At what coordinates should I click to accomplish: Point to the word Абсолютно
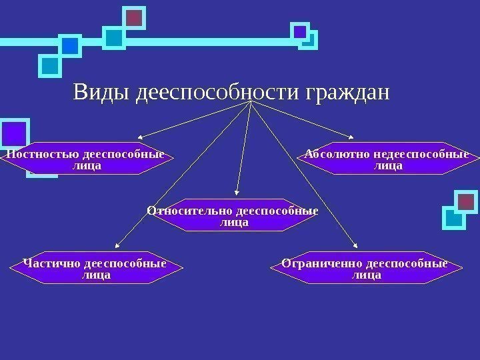(x=335, y=155)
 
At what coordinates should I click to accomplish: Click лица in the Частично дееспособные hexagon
(x=96, y=275)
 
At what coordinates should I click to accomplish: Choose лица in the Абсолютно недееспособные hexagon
(x=389, y=166)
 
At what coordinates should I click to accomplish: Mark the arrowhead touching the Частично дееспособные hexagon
(x=117, y=247)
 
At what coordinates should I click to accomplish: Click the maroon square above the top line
(x=135, y=19)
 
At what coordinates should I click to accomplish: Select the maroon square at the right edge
(x=466, y=200)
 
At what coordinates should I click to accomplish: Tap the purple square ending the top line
(x=301, y=31)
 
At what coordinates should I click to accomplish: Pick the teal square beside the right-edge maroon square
(x=454, y=217)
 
